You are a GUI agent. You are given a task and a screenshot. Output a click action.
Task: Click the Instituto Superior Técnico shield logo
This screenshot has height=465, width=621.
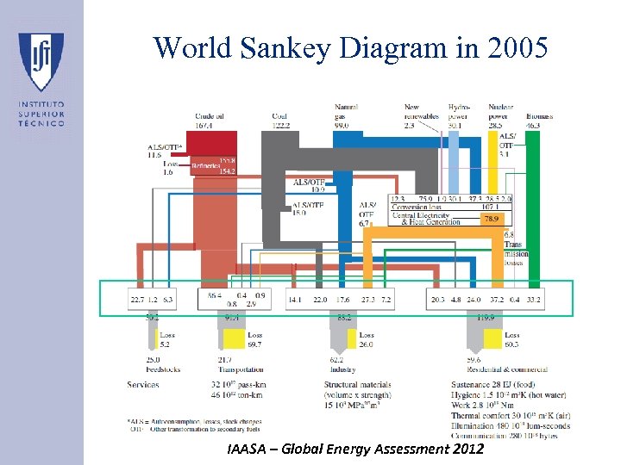(41, 62)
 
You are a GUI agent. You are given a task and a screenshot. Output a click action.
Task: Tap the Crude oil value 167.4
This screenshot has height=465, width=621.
(204, 126)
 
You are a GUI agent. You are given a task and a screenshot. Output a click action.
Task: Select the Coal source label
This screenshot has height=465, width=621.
(279, 115)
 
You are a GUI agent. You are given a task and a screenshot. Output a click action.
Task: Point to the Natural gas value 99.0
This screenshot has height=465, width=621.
(341, 126)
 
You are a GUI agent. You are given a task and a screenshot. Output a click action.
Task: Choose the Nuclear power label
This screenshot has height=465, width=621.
(500, 112)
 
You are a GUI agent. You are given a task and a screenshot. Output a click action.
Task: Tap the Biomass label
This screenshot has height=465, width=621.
(540, 115)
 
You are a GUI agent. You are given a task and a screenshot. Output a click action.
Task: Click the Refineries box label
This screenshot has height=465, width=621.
(206, 165)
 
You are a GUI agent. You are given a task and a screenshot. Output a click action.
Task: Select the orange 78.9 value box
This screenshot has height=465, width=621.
(491, 220)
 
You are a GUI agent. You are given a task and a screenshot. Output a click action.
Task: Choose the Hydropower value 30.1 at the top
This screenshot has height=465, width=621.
(457, 126)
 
